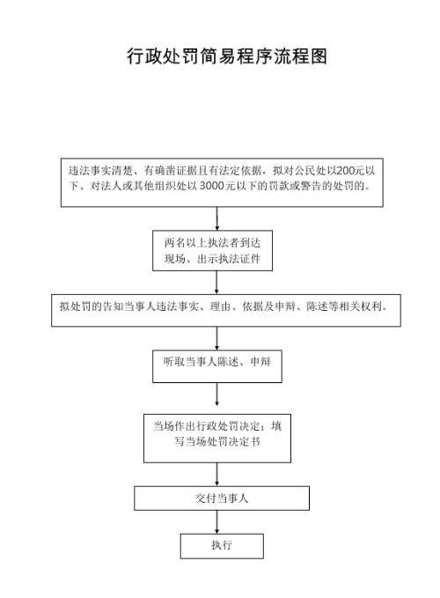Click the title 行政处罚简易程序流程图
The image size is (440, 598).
pos(227,56)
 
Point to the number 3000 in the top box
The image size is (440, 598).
pos(212,186)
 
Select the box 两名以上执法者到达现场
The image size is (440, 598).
pos(213,251)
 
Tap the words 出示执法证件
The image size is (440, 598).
pos(229,259)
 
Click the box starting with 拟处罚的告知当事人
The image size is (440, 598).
pos(226,310)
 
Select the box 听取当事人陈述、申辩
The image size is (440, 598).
pos(217,366)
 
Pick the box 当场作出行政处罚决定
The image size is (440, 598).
pos(217,439)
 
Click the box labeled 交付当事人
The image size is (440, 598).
pos(222,498)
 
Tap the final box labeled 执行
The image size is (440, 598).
pos(222,546)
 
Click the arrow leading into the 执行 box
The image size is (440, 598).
pos(216,522)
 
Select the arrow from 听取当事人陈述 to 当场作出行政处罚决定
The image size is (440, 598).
pos(216,395)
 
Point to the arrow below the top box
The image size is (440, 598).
pos(216,218)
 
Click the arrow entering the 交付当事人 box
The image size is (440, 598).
pos(216,475)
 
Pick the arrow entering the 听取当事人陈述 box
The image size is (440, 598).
pos(216,338)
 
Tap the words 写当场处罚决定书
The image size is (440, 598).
pos(217,441)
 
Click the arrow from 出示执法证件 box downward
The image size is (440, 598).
pos(216,283)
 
